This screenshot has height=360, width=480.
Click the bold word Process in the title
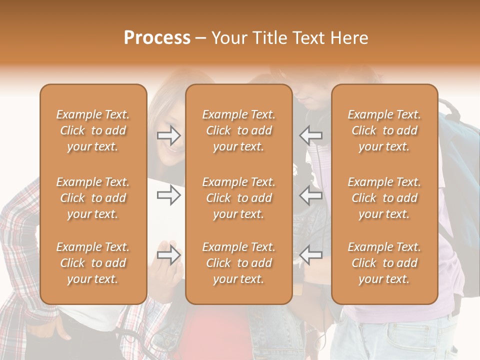tap(157, 38)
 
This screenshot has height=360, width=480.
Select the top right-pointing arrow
tap(169, 135)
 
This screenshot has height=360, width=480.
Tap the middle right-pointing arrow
tap(169, 195)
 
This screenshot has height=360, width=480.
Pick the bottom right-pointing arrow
tap(169, 255)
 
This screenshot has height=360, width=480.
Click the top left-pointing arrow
tap(310, 135)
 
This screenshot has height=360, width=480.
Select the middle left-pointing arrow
tap(310, 195)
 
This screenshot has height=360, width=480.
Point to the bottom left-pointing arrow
tap(310, 255)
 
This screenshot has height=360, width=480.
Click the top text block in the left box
tap(93, 130)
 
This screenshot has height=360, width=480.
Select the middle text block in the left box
tap(93, 198)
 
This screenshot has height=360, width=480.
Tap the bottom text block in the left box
tap(93, 263)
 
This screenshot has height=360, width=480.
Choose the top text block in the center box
tap(239, 130)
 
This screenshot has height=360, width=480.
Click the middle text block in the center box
tap(239, 198)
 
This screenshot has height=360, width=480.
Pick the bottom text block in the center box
tap(239, 263)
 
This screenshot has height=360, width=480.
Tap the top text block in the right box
tap(384, 130)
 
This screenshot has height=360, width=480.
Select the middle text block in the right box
tap(384, 198)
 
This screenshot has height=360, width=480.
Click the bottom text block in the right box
tap(384, 263)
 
